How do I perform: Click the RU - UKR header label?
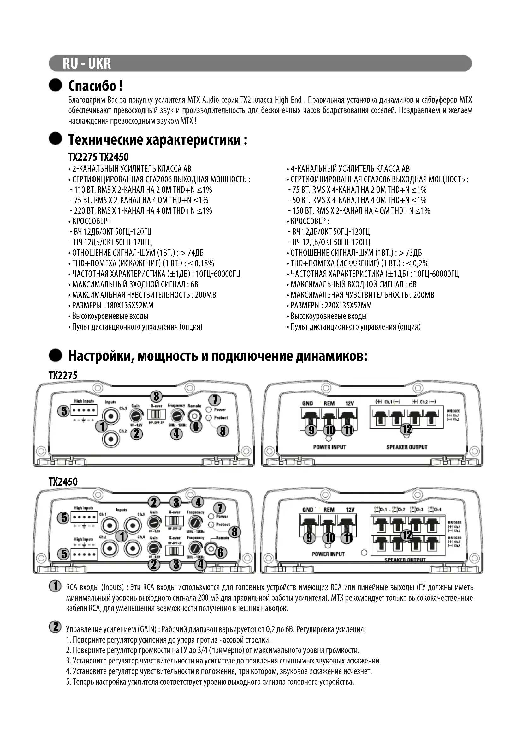click(x=87, y=64)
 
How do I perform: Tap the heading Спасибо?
click(x=95, y=86)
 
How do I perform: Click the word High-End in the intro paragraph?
click(x=288, y=100)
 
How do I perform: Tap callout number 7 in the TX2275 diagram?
click(x=215, y=400)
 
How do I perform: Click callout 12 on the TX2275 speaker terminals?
click(x=407, y=429)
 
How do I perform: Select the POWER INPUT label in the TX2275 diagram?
click(x=329, y=447)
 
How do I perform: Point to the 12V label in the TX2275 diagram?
click(x=349, y=403)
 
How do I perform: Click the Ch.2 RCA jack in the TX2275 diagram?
click(x=111, y=439)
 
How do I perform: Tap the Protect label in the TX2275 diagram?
click(x=221, y=418)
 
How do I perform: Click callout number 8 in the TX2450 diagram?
click(x=234, y=532)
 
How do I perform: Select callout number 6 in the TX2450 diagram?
click(x=221, y=553)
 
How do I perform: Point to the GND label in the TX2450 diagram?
click(x=308, y=510)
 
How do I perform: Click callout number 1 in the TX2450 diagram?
click(x=122, y=536)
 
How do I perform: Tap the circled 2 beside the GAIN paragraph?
click(x=55, y=627)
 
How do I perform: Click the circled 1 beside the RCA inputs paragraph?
click(x=55, y=586)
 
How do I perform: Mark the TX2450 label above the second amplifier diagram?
click(x=63, y=482)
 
